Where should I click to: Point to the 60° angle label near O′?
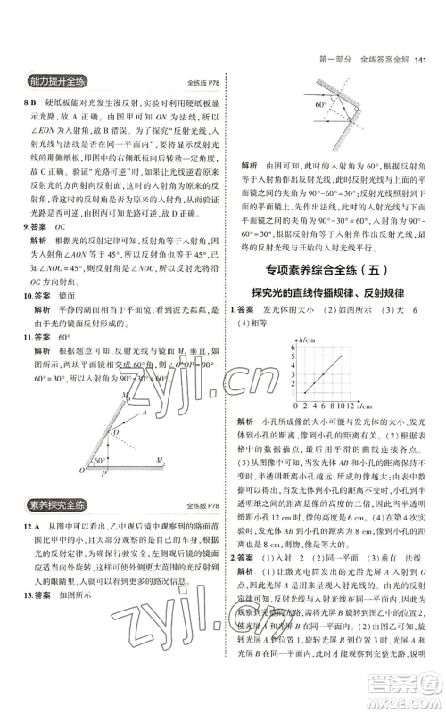click(x=100, y=461)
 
